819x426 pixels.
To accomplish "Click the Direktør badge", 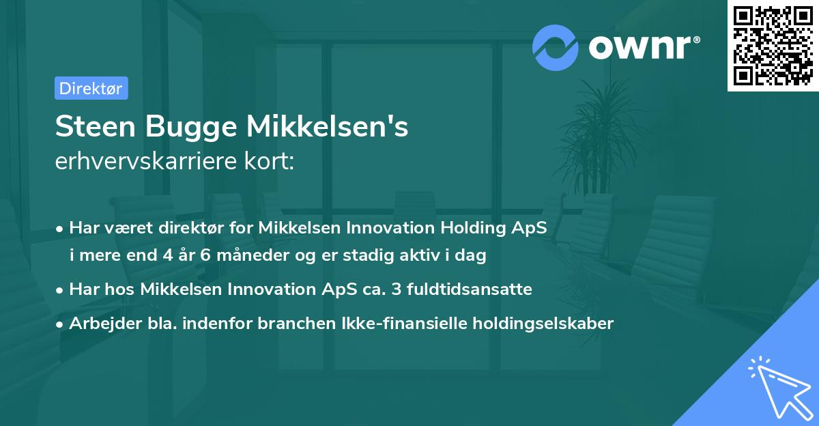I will point(91,88).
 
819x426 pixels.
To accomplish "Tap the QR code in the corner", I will point(773,46).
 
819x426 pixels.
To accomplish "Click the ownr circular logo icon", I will point(556,47).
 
